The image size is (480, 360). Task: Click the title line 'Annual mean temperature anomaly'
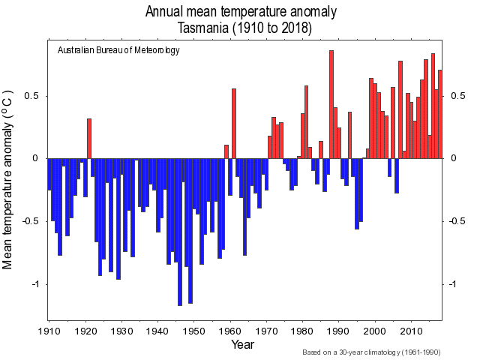(x=241, y=12)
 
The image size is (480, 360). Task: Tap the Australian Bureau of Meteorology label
(x=118, y=50)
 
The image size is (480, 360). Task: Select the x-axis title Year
(x=242, y=344)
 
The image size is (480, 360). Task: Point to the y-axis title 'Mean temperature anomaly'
(x=9, y=180)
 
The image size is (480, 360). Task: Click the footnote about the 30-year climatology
(x=370, y=352)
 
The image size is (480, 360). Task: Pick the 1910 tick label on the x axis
(x=49, y=330)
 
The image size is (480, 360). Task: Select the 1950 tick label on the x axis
(x=193, y=330)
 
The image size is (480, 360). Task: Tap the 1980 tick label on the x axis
(x=302, y=330)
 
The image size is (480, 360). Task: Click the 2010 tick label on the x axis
(x=411, y=330)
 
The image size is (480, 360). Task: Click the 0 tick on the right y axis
(x=453, y=158)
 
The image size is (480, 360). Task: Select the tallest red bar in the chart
(x=331, y=104)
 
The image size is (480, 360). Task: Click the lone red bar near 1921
(x=89, y=138)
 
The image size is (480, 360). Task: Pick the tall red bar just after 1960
(x=234, y=123)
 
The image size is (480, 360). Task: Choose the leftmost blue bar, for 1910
(x=49, y=174)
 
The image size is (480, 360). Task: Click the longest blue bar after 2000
(x=397, y=175)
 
